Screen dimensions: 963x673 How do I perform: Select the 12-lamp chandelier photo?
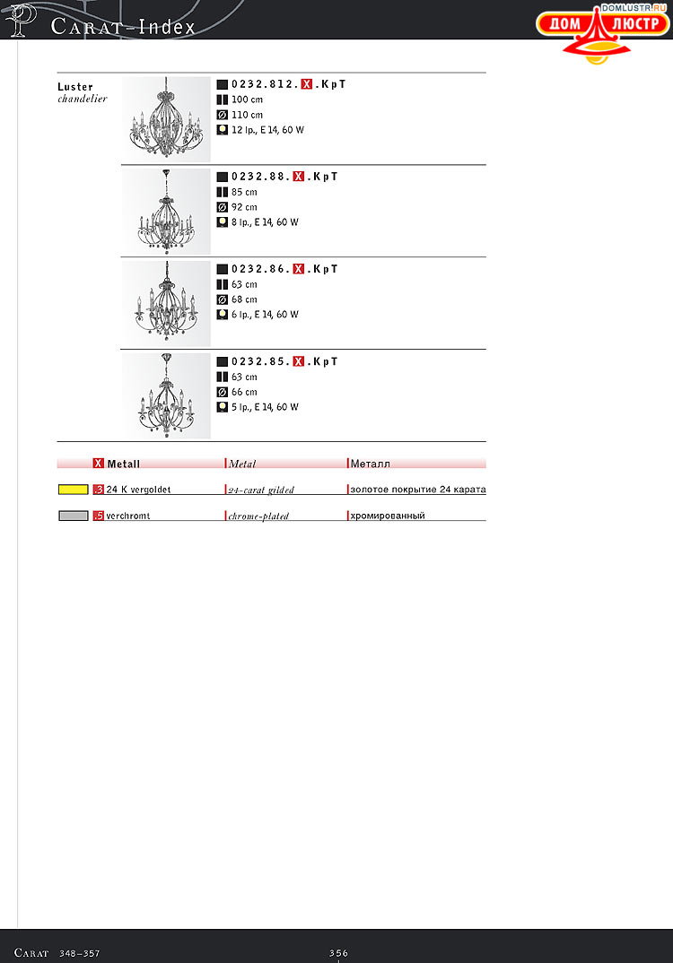tap(166, 118)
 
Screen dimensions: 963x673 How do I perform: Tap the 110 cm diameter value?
tap(247, 115)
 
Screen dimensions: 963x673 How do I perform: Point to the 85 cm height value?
tap(244, 192)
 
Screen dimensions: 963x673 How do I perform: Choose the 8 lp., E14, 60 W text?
tap(265, 222)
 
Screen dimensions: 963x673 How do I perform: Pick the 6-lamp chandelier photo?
tap(166, 304)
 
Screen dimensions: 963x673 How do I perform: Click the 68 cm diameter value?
tap(244, 299)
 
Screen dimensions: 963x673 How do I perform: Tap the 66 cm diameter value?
tap(244, 392)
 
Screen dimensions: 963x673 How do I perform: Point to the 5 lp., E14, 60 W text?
tap(265, 407)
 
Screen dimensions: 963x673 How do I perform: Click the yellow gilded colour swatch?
tap(73, 490)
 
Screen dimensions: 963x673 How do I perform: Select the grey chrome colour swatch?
tap(73, 516)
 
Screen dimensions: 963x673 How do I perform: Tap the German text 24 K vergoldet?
tap(138, 490)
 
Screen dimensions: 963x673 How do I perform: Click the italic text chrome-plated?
tap(258, 516)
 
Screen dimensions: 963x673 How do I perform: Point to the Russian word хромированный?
tap(388, 516)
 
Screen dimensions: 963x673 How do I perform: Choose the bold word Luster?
tap(75, 87)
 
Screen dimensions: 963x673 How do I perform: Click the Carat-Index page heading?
tap(124, 27)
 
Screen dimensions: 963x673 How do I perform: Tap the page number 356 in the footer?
tap(338, 953)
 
